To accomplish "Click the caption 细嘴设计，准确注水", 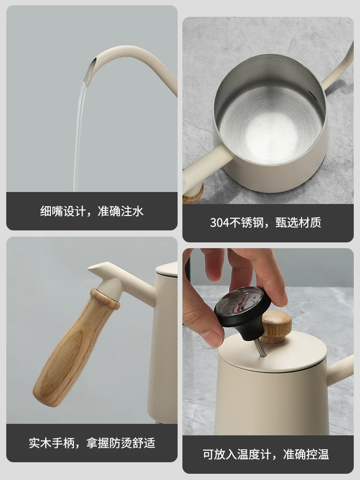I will coord(92,211).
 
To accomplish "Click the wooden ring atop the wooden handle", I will coord(105,298).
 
